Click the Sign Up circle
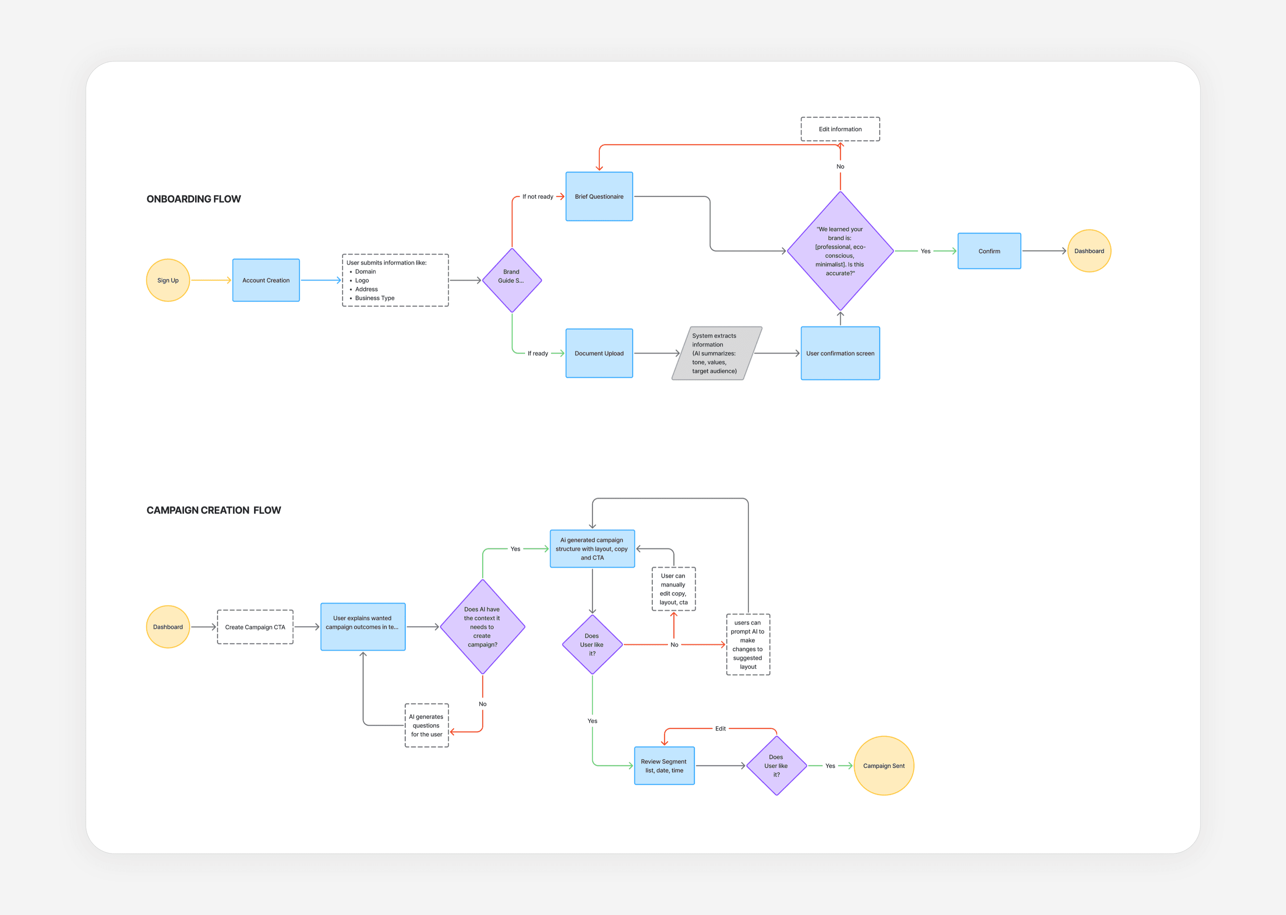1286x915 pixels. click(x=168, y=280)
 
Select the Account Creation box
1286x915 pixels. click(x=266, y=280)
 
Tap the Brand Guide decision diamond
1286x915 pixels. click(x=511, y=280)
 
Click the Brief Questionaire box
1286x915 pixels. click(x=599, y=196)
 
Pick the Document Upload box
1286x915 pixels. click(x=599, y=353)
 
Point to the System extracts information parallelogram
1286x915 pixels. click(x=716, y=353)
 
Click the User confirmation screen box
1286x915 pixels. click(x=840, y=353)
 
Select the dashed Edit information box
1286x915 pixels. click(x=840, y=129)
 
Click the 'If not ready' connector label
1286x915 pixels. click(x=537, y=196)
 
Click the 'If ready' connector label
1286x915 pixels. click(x=537, y=353)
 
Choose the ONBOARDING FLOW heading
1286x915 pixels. click(x=193, y=199)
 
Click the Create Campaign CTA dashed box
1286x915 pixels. click(x=255, y=627)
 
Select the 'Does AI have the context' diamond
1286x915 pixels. click(x=482, y=627)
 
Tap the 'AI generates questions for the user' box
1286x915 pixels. click(x=426, y=725)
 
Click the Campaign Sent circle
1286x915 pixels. click(x=883, y=766)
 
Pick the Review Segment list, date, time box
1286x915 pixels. click(x=664, y=766)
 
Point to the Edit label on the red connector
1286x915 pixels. click(x=720, y=728)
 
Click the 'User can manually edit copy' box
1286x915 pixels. click(x=673, y=589)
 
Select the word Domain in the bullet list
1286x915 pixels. click(x=365, y=272)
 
